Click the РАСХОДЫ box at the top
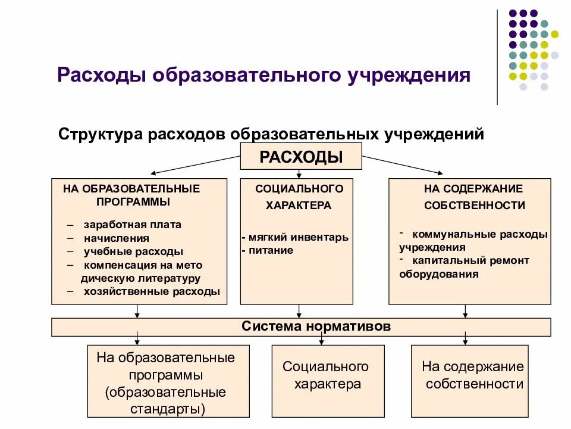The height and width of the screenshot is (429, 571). (x=301, y=157)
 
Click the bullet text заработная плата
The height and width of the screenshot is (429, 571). (x=132, y=225)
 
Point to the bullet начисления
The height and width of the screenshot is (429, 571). (x=116, y=238)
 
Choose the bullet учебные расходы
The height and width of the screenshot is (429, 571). (x=133, y=251)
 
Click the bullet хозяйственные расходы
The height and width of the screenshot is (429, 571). (x=152, y=291)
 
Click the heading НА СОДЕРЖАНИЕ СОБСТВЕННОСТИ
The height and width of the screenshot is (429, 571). (x=474, y=197)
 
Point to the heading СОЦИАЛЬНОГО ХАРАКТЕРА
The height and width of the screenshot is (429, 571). (x=299, y=197)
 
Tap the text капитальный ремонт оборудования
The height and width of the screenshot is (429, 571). (x=464, y=268)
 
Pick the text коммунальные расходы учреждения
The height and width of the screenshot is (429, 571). (x=473, y=241)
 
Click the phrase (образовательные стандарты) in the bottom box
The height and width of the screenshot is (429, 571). (x=166, y=400)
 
